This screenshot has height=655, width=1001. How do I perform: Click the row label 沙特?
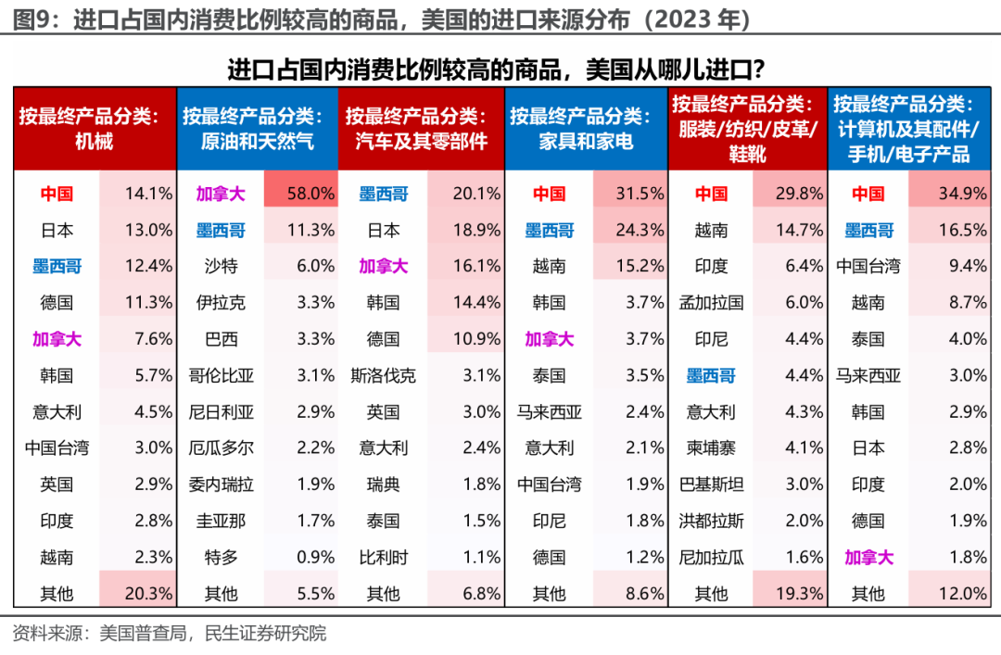pos(221,267)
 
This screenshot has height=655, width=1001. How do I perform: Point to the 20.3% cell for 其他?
pos(138,593)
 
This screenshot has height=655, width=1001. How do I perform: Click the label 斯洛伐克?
pos(383,375)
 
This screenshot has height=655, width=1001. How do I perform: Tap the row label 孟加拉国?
pos(711,303)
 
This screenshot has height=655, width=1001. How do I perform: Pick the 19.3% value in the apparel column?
pos(791,593)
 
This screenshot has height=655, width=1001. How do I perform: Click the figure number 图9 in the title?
pos(31,18)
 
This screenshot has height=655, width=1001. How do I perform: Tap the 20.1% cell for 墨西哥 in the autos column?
pos(466,194)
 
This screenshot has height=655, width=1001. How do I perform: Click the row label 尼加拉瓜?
pos(711,557)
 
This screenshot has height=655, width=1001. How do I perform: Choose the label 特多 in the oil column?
pos(221,557)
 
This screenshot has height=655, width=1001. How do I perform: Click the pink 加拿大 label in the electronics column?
pos(868,557)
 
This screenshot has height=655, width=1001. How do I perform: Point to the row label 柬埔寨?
pos(711,448)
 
